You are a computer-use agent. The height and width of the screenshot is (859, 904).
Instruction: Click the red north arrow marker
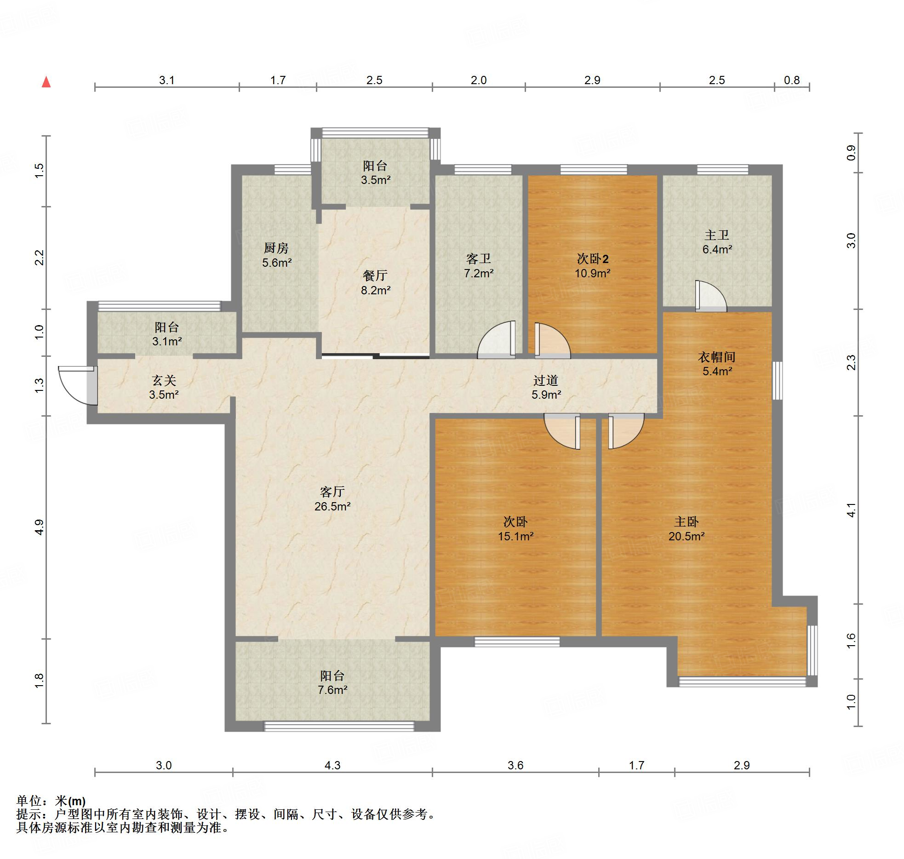click(x=46, y=82)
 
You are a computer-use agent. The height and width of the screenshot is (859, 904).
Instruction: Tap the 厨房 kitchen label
click(x=276, y=248)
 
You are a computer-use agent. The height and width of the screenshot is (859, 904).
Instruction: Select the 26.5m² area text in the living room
click(x=332, y=506)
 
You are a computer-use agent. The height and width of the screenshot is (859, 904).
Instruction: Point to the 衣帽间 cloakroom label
click(x=716, y=357)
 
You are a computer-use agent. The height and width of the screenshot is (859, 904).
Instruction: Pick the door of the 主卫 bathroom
click(x=711, y=296)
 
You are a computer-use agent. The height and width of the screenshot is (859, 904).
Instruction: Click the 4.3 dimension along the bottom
click(x=332, y=765)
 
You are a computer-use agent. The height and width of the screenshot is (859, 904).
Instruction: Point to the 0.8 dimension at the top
click(x=792, y=80)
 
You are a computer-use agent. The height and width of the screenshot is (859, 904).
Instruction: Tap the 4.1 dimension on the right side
click(x=851, y=510)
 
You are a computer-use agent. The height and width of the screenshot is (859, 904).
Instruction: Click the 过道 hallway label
click(x=546, y=380)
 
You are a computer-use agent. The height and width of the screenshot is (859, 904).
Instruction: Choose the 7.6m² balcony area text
click(x=332, y=690)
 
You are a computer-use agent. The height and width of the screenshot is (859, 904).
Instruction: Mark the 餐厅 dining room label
click(x=375, y=275)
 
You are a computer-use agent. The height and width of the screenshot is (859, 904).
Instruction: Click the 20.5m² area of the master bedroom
click(x=687, y=536)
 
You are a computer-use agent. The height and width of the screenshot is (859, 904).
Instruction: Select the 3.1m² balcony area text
click(x=167, y=341)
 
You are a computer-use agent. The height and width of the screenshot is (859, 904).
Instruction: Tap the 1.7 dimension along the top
click(x=278, y=80)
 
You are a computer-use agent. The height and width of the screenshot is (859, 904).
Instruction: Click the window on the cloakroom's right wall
click(x=777, y=380)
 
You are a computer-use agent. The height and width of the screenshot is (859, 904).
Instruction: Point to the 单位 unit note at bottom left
click(x=51, y=801)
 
